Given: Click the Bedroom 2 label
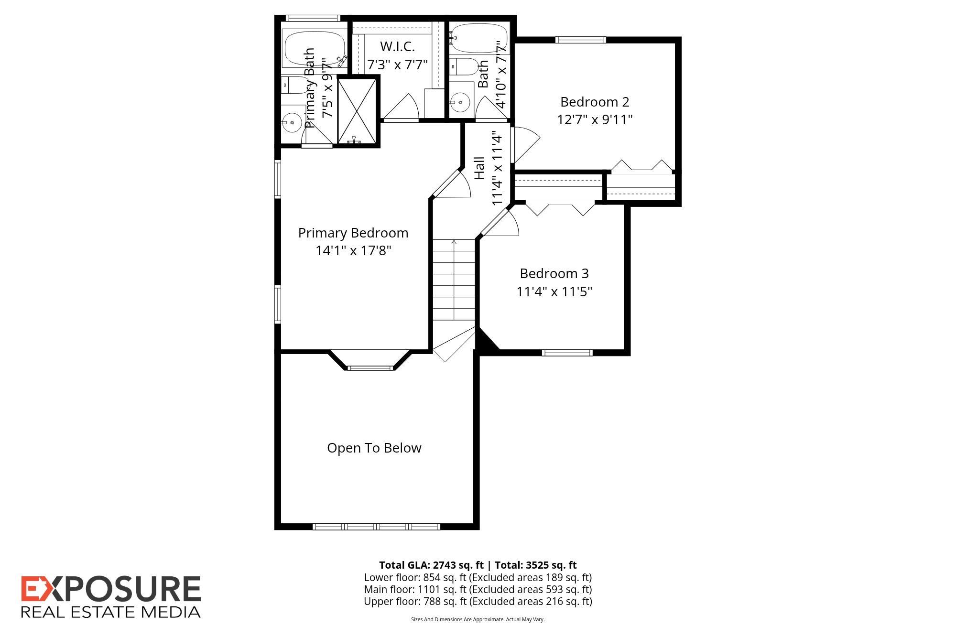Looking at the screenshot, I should click(595, 102).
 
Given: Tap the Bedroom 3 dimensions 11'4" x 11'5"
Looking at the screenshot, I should click(554, 292).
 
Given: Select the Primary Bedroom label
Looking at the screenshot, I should click(353, 233).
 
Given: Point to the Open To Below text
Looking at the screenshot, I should click(374, 448).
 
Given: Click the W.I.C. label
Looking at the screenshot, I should click(397, 46).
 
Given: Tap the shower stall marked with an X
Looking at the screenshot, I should click(357, 110).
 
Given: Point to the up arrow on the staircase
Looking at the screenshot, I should click(454, 243).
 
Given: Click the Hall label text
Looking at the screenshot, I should click(480, 168).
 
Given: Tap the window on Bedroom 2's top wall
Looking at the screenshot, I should click(581, 40).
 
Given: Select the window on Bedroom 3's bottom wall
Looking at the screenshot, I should click(567, 353).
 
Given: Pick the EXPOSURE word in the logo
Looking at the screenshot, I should click(111, 589).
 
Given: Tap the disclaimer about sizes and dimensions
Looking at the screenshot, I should click(478, 619).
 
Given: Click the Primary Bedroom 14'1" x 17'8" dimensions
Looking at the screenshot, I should click(353, 250).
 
